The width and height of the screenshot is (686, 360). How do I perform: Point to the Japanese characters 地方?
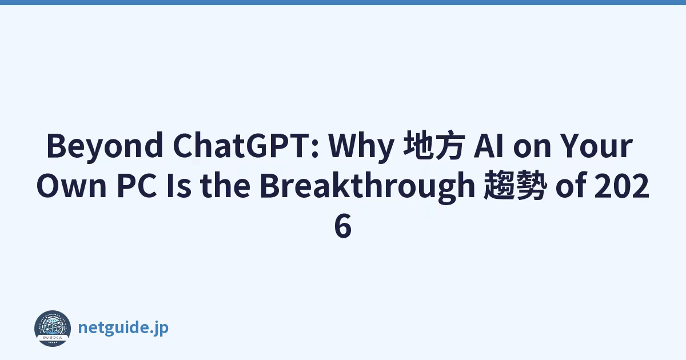434,145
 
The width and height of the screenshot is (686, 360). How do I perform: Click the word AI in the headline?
488,145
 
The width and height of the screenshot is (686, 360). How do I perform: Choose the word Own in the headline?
71,186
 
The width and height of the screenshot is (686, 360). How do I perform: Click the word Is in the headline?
179,186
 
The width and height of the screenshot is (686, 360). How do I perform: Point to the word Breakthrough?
367,187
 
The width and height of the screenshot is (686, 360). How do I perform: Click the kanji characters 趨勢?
515,186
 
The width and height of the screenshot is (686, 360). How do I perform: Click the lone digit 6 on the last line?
342,226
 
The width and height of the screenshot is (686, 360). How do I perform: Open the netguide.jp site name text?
123,328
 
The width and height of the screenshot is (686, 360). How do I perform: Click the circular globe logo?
53,328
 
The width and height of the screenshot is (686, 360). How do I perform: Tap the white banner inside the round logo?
53,337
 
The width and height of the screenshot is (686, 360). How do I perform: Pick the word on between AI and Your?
532,148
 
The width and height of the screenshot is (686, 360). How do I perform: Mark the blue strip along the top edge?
343,2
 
